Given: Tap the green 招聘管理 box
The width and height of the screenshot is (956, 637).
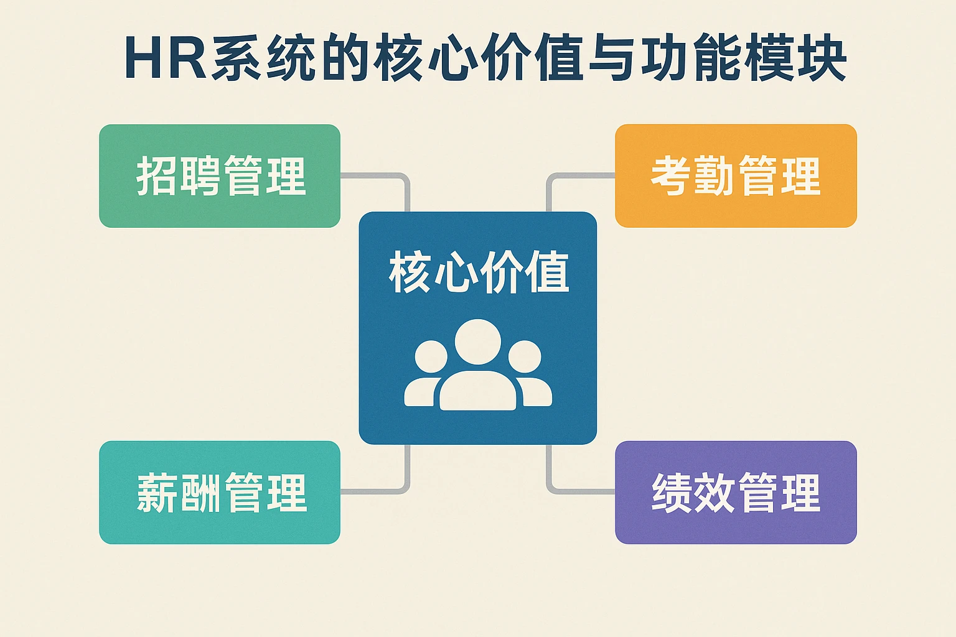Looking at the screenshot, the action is pos(220,176).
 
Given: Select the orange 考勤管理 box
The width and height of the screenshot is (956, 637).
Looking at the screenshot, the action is pos(736,176).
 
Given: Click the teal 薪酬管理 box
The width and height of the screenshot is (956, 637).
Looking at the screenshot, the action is pos(220,492).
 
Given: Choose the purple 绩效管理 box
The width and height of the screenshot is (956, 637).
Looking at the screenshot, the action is pos(736,492).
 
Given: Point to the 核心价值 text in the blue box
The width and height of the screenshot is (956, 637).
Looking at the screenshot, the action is pos(479,272).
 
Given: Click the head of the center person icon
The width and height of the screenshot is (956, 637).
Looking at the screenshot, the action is pos(477,342).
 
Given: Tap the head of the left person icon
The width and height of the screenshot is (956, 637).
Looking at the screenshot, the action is pos(431,356).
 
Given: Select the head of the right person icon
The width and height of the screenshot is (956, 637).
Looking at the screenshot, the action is pos(525,356).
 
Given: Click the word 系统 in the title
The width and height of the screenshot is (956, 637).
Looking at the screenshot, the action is pos(263,58).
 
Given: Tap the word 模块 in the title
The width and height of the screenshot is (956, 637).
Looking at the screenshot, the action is pos(795,58).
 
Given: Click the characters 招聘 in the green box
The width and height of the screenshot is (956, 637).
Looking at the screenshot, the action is pos(178,176).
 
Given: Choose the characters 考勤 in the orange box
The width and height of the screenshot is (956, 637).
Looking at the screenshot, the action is pos(693,176).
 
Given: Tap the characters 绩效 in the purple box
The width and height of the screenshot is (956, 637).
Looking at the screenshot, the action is pos(693,492).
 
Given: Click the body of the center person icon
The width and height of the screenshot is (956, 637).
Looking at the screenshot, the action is pos(477,391).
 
